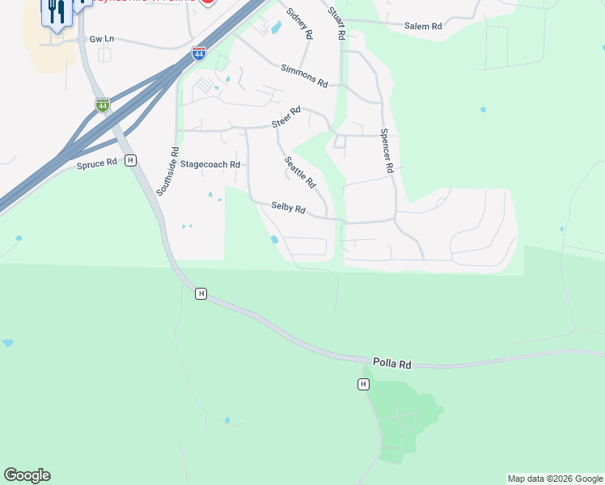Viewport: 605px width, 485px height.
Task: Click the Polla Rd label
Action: (392, 365)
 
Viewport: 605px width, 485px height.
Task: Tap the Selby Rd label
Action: (288, 209)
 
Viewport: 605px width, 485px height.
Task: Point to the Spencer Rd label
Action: (386, 151)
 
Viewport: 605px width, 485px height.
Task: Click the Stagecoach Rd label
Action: (210, 164)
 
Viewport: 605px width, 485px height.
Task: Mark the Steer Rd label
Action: (286, 118)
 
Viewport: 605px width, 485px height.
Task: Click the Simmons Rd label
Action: (304, 77)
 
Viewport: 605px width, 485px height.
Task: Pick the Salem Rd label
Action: (423, 27)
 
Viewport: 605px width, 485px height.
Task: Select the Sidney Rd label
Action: (299, 24)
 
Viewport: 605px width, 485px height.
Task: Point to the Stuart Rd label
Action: (336, 23)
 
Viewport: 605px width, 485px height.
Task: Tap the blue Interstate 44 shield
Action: (199, 54)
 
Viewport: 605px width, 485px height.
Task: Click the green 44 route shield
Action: (102, 105)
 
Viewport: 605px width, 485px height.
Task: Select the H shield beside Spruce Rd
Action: (130, 161)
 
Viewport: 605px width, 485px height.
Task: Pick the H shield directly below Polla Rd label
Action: (364, 384)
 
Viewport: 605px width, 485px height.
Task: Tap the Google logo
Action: (27, 475)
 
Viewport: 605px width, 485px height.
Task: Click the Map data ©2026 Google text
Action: (555, 479)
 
